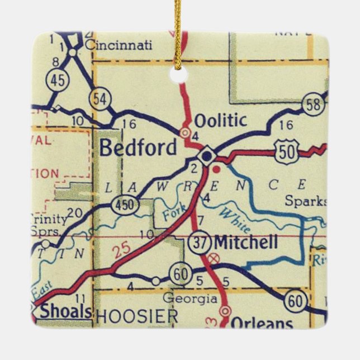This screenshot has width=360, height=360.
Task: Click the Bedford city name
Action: (138, 148)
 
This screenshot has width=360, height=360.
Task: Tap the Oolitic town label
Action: (220, 120)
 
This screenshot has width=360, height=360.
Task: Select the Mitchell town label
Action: (245, 242)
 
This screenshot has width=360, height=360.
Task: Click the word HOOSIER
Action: (137, 316)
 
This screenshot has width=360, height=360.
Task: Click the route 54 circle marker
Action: (101, 100)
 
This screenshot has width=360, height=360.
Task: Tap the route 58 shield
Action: (314, 105)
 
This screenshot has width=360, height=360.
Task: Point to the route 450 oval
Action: (124, 205)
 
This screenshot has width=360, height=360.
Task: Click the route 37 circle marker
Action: (199, 243)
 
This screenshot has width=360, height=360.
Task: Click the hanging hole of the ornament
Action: (179, 75)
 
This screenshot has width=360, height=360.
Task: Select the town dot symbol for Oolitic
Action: (184, 132)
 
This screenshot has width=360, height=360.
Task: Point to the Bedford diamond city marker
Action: (207, 155)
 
